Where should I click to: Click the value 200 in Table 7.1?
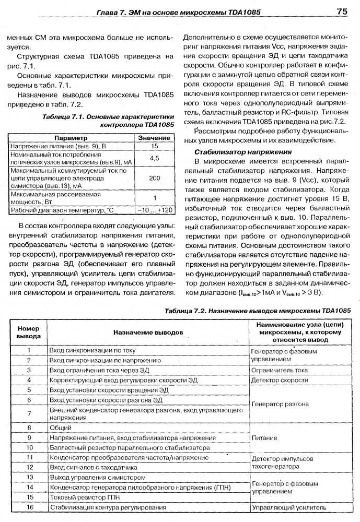[x=154, y=178]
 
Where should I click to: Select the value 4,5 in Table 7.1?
[x=154, y=157]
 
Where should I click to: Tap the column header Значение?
[x=154, y=137]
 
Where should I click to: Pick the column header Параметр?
[x=71, y=137]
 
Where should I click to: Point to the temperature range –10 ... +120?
[x=154, y=210]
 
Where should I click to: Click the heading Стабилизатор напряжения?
[x=243, y=152]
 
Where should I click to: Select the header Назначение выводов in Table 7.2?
[x=148, y=331]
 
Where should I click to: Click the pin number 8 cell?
[x=29, y=427]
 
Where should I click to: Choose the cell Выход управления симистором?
[x=97, y=477]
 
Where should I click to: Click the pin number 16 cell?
[x=29, y=507]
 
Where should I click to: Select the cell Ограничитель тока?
[x=279, y=370]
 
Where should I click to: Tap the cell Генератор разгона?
[x=280, y=404]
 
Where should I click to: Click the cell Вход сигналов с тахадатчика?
[x=93, y=467]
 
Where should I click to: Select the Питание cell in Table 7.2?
[x=264, y=437]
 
